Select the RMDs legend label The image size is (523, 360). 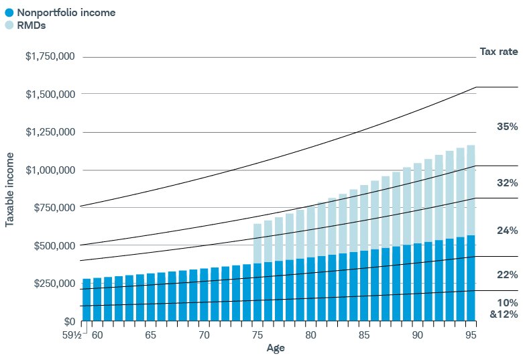point(31,25)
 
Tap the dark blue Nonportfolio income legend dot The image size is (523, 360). point(9,12)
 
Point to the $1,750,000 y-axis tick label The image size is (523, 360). point(50,57)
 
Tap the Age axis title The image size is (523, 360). point(276,348)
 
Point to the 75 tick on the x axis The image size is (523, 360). point(257,334)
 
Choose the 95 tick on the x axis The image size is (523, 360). point(471,334)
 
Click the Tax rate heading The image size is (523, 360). point(498,52)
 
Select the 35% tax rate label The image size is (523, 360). point(507,127)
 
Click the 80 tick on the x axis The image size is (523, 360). point(310,334)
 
